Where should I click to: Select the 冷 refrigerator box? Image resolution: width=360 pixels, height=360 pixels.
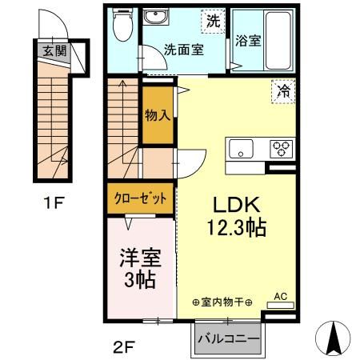[x=284, y=90]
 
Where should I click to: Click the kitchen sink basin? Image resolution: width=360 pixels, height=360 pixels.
[x=240, y=148]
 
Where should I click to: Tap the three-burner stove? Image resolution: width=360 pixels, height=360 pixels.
[x=282, y=148]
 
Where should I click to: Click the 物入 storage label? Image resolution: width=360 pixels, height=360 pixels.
[x=157, y=114]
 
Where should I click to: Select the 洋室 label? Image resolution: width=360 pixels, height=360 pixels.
[x=141, y=260]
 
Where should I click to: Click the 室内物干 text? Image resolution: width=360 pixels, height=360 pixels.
[x=222, y=302]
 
